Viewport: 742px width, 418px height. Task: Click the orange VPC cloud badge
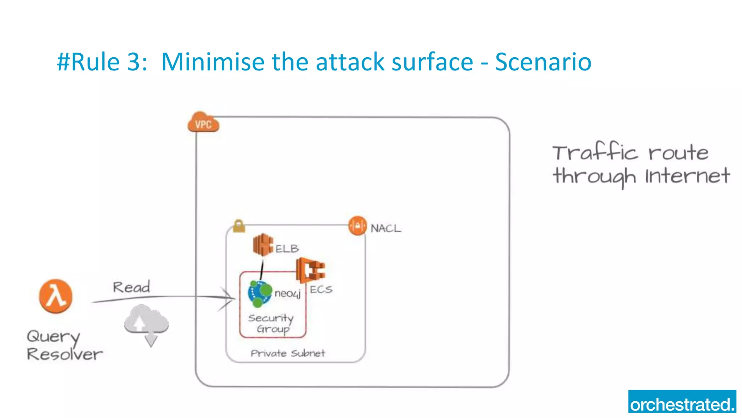pos(203,123)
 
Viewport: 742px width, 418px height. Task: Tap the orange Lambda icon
pos(55,296)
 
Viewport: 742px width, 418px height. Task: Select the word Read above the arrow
pos(131,287)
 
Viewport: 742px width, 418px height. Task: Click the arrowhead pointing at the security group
pos(228,298)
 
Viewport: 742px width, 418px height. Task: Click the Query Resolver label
pos(64,345)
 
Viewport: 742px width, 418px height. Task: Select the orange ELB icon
pos(263,245)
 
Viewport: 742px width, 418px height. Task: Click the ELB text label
pos(287,249)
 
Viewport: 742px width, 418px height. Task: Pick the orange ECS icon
pos(310,270)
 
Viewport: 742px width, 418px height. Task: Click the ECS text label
pos(321,289)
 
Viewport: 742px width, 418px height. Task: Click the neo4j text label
pos(287,293)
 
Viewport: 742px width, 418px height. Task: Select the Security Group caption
pos(271,323)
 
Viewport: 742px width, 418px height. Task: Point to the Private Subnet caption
pos(288,353)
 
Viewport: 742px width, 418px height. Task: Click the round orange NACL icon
pos(358,226)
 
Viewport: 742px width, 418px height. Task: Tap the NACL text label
pos(386,228)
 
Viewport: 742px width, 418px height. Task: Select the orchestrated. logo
pos(682,402)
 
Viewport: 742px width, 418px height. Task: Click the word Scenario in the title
pos(543,62)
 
